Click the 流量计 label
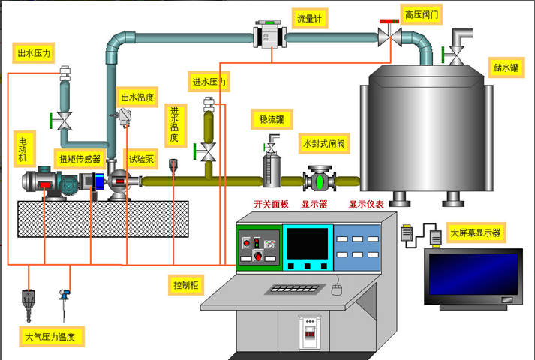coord(308,19)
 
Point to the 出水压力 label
coord(35,53)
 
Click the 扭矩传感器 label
coord(80,159)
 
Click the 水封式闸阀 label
coord(323,143)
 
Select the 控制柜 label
coord(185,285)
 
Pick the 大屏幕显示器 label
coord(475,232)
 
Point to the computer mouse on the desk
coord(337,285)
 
